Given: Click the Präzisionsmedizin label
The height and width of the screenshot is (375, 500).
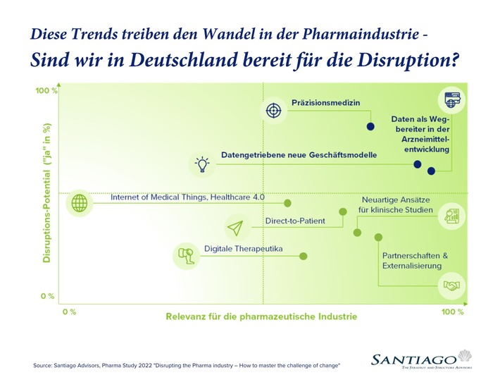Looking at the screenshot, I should [325, 103].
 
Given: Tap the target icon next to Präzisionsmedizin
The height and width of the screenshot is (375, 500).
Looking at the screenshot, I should [273, 110].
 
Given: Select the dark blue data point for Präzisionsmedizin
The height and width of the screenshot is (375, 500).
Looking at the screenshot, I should [370, 127].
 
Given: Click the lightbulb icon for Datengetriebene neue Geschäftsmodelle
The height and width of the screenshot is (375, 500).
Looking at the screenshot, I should [203, 164].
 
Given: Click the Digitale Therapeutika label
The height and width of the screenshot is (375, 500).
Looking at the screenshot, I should [243, 249].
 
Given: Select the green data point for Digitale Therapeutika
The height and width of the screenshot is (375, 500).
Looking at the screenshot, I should [304, 256].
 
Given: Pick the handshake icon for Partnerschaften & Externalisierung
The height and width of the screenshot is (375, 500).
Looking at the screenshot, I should [450, 285].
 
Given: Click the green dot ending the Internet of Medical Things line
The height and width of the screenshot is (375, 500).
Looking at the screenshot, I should [287, 202].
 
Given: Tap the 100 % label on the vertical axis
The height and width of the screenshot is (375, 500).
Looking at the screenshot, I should [47, 90].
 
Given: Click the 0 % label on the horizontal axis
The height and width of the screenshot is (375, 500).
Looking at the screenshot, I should [69, 311].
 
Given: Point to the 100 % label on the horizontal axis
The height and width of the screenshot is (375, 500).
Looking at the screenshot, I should [452, 311].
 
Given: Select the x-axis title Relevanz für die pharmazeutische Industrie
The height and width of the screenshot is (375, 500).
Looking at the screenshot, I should [261, 316].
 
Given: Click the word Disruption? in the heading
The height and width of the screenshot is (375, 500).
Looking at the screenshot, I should [408, 61].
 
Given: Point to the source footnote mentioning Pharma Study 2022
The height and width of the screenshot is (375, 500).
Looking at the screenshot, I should [187, 365].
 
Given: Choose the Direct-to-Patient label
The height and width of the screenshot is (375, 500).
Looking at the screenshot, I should [295, 221].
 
